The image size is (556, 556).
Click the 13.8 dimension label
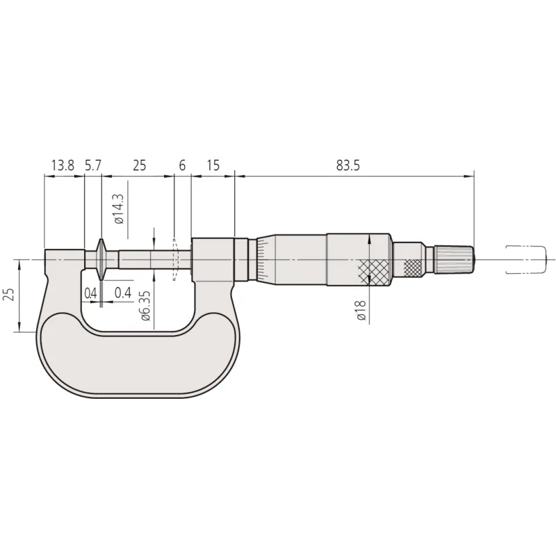tap(63, 165)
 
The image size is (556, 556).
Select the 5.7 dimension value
tap(93, 165)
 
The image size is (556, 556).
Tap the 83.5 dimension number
tap(348, 165)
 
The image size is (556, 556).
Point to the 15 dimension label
tap(213, 165)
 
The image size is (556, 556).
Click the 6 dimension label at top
tap(182, 165)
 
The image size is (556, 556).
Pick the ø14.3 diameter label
tap(119, 209)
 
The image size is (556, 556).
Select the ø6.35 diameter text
tap(145, 306)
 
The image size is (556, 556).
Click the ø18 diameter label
tap(361, 311)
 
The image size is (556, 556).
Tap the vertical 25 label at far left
tap(10, 294)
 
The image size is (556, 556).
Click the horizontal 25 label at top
tap(139, 165)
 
